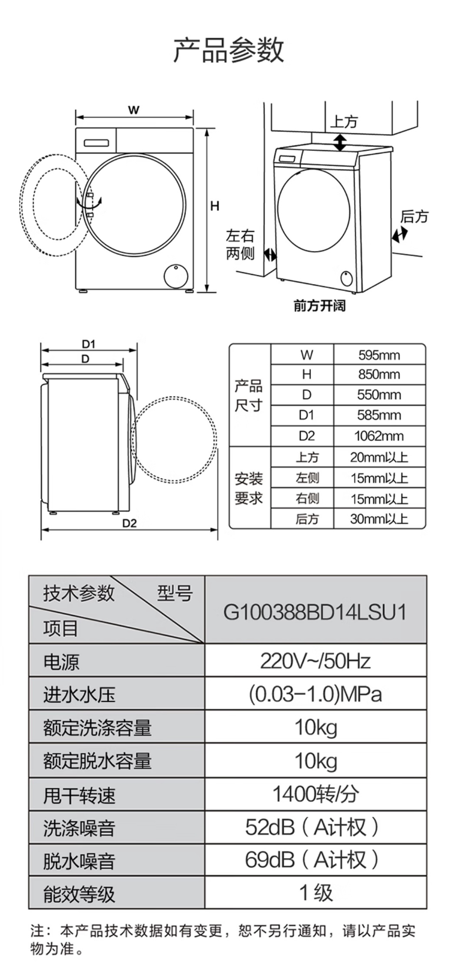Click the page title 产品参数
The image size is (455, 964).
click(x=229, y=50)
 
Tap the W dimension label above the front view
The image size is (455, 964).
click(x=133, y=110)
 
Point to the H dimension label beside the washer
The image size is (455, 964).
click(x=215, y=206)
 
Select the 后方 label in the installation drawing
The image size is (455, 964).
click(x=414, y=216)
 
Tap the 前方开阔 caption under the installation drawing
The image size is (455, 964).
click(x=319, y=306)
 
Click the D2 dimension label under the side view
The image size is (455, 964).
click(x=129, y=523)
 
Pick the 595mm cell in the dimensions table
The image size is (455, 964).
click(x=379, y=355)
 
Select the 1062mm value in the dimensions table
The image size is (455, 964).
click(x=379, y=436)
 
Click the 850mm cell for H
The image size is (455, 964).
click(x=379, y=374)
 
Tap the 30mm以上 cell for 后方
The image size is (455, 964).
click(x=379, y=519)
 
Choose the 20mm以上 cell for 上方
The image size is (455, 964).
click(x=379, y=457)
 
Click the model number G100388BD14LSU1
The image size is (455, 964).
click(x=315, y=612)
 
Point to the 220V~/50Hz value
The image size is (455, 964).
click(x=315, y=661)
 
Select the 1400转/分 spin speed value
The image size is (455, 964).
click(x=315, y=794)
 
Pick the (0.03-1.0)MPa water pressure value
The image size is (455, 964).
click(x=315, y=694)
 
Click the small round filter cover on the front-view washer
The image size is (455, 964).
click(x=176, y=275)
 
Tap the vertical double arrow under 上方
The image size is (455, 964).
click(x=340, y=142)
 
